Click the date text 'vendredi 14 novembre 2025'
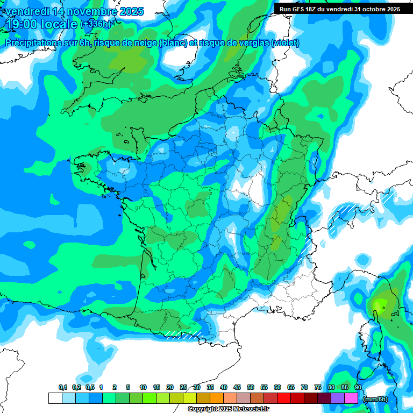(74, 11)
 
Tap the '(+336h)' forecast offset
(95, 24)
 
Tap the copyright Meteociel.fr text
(228, 409)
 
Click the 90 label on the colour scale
(358, 387)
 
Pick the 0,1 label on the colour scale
(62, 387)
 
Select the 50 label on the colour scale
(251, 387)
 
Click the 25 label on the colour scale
(183, 387)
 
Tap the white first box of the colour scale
(55, 398)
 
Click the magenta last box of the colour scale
(351, 398)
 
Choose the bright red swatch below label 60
(284, 398)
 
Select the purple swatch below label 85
(338, 398)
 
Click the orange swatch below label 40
(217, 398)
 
